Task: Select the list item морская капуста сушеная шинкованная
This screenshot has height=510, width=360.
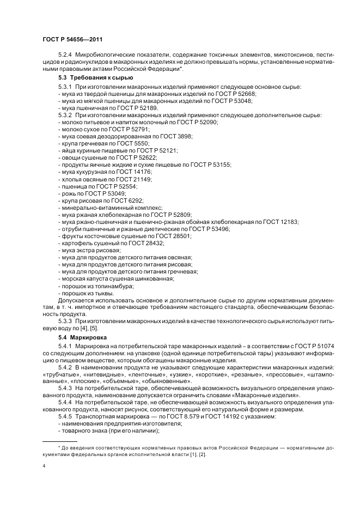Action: pyautogui.click(x=115, y=278)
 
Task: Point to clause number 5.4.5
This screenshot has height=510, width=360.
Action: pyautogui.click(x=65, y=416)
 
